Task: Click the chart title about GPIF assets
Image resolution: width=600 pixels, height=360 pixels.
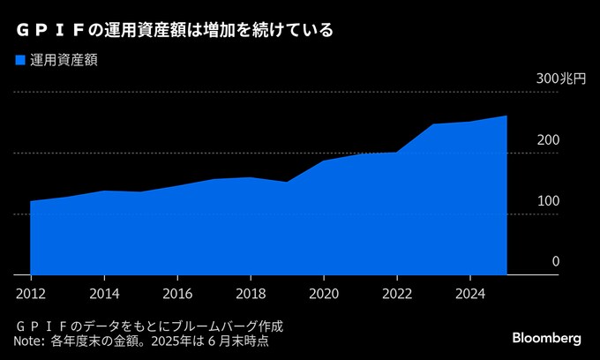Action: tap(173, 30)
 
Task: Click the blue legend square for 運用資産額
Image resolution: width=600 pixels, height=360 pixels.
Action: tap(20, 60)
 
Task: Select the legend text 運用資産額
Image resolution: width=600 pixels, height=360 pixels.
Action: tap(64, 60)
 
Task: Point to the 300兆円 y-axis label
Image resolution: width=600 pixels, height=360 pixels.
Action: tap(560, 79)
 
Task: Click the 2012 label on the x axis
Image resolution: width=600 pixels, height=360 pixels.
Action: tap(30, 293)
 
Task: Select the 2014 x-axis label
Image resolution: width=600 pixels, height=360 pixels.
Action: tap(104, 293)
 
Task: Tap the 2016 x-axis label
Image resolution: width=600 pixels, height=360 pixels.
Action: tap(177, 293)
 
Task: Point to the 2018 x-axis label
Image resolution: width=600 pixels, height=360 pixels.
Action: tap(251, 293)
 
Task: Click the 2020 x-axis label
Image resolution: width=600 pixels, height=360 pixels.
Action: tap(324, 293)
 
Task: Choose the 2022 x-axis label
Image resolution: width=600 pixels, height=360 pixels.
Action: tap(397, 293)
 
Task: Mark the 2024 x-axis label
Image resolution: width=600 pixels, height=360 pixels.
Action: tap(470, 293)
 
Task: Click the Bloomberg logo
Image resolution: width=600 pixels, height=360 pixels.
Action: tap(546, 338)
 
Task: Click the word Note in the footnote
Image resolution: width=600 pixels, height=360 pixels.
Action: tap(28, 341)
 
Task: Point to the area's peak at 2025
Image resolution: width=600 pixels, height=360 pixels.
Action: tap(506, 116)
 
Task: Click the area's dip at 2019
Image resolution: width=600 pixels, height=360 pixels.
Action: tap(287, 182)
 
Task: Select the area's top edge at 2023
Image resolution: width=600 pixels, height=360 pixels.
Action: tap(433, 124)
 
